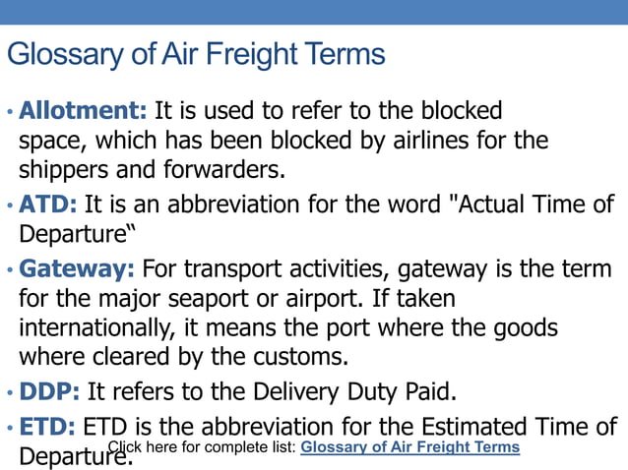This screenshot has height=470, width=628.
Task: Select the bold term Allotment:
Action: pyautogui.click(x=83, y=109)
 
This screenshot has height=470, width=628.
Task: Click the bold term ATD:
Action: pyautogui.click(x=48, y=205)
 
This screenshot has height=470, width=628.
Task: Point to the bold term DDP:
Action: pyautogui.click(x=50, y=392)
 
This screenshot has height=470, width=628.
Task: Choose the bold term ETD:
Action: pyautogui.click(x=48, y=428)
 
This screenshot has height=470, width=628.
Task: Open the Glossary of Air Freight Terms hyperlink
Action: pyautogui.click(x=409, y=447)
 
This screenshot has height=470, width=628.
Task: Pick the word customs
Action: pyautogui.click(x=314, y=357)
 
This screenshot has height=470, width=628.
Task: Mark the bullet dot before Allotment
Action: pyautogui.click(x=10, y=111)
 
